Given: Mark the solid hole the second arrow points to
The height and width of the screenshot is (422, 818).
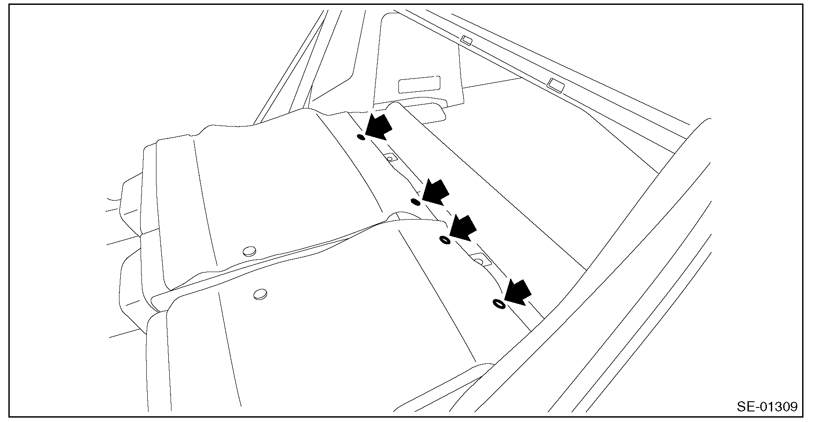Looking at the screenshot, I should [415, 202].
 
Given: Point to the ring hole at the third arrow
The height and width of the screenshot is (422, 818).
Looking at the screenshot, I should [445, 240].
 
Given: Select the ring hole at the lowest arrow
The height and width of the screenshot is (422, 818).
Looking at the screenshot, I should [499, 304].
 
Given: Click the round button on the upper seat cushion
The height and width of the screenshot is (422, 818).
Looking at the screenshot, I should [249, 251].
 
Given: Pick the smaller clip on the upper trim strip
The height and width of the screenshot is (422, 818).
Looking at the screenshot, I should [466, 41].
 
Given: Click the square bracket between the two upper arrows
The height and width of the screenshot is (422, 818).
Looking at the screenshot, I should [390, 157].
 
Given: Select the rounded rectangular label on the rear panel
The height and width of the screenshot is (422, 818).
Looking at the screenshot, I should [419, 84].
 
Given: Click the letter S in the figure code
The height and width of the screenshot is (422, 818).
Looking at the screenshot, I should [742, 407].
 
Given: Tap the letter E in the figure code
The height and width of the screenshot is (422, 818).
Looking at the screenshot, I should [751, 407].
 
